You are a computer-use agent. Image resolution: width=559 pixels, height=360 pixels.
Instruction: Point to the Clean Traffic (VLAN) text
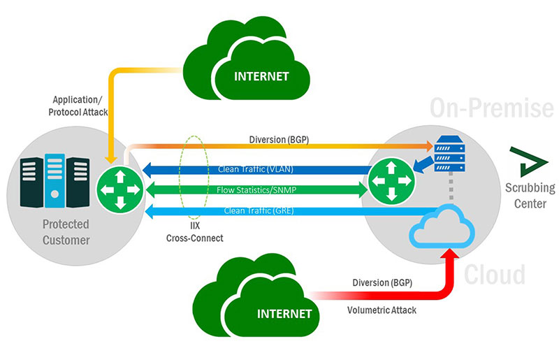(x=255, y=170)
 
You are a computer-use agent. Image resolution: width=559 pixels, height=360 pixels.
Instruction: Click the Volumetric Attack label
(x=383, y=310)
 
